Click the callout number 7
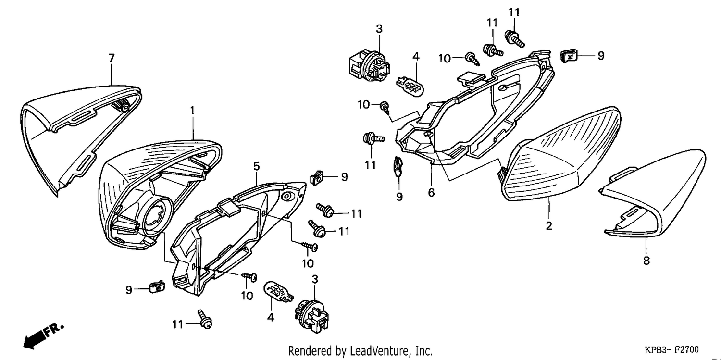[112, 58]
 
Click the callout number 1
[192, 111]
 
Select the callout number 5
[256, 166]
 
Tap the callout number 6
[431, 192]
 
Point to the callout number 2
[549, 225]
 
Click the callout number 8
[646, 261]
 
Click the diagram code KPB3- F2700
[671, 349]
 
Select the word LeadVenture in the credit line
[380, 350]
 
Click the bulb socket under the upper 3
[369, 68]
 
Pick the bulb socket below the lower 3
[312, 316]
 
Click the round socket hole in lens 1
[156, 216]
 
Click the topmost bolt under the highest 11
[515, 38]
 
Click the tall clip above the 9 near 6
[398, 165]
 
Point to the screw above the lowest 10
[249, 276]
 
